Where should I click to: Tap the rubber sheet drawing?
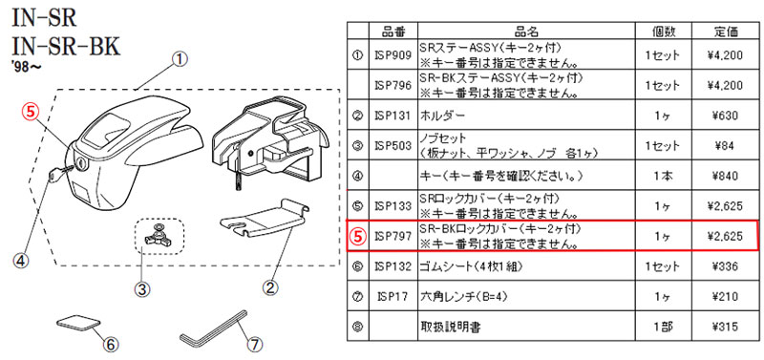click(x=79, y=324)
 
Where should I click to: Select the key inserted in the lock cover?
click(x=61, y=173)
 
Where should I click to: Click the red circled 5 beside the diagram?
click(x=31, y=112)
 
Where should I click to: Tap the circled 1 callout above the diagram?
click(x=180, y=60)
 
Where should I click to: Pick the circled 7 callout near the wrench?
click(x=253, y=345)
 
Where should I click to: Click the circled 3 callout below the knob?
click(x=141, y=290)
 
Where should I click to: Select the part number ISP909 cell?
click(x=393, y=55)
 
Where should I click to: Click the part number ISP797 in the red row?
click(x=393, y=236)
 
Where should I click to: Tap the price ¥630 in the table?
click(x=726, y=116)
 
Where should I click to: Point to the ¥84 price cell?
click(x=726, y=146)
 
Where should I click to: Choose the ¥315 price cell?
click(x=726, y=327)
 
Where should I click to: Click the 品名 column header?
click(x=526, y=32)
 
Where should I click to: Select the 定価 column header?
click(x=726, y=32)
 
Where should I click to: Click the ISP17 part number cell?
click(x=393, y=297)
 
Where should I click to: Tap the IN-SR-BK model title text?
click(x=66, y=49)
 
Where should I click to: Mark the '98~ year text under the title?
click(x=25, y=67)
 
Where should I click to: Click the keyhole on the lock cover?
click(x=81, y=163)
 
